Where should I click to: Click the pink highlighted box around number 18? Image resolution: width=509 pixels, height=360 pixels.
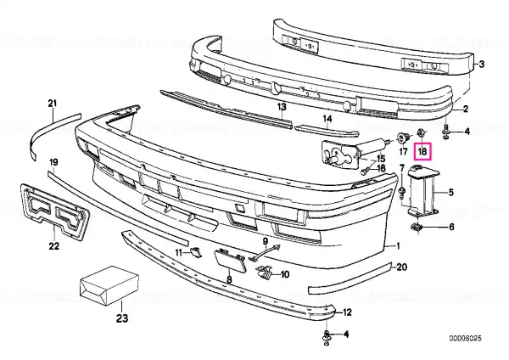[422, 151]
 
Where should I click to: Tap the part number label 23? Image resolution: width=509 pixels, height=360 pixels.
[122, 318]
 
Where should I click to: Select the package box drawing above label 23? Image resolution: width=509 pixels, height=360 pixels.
[109, 286]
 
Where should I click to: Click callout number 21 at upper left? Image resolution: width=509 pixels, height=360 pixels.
[53, 104]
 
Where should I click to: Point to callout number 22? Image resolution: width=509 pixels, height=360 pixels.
[54, 246]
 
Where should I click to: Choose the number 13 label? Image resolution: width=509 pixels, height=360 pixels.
[282, 106]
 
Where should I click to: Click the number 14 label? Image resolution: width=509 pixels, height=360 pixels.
[327, 119]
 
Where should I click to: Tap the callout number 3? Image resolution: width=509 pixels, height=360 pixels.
[481, 65]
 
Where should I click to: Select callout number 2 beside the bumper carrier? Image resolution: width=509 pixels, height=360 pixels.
[466, 109]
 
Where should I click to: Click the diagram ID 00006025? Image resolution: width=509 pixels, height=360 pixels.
[466, 339]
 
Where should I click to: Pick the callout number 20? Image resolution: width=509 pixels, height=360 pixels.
[402, 267]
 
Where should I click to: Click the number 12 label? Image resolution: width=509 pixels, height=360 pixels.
[347, 312]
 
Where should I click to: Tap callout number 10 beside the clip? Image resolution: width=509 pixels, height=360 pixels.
[284, 275]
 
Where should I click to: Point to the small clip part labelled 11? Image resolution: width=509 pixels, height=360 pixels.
[196, 251]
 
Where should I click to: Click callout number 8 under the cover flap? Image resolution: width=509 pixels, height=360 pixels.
[229, 279]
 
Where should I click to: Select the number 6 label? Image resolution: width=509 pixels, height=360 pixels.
[451, 227]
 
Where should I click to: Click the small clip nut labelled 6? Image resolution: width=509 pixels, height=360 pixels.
[416, 227]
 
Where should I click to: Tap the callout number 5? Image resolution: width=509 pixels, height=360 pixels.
[451, 193]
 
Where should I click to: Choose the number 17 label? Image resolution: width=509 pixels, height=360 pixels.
[403, 151]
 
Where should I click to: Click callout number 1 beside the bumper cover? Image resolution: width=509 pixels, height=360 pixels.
[399, 246]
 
